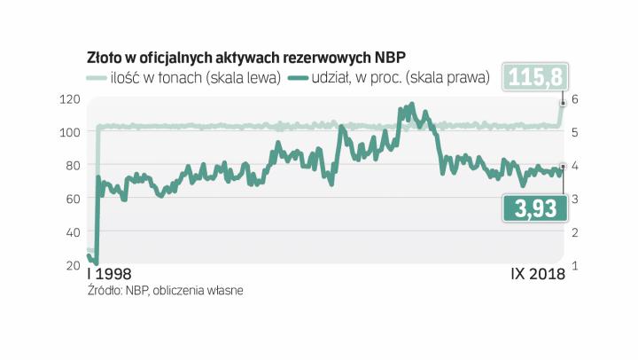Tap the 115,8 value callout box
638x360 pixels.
[x=532, y=77]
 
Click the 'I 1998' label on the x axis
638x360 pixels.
[x=113, y=275]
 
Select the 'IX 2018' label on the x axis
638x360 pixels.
[x=538, y=275]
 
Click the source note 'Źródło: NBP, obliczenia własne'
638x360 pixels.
[x=165, y=290]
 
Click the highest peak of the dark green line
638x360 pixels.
[x=410, y=105]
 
